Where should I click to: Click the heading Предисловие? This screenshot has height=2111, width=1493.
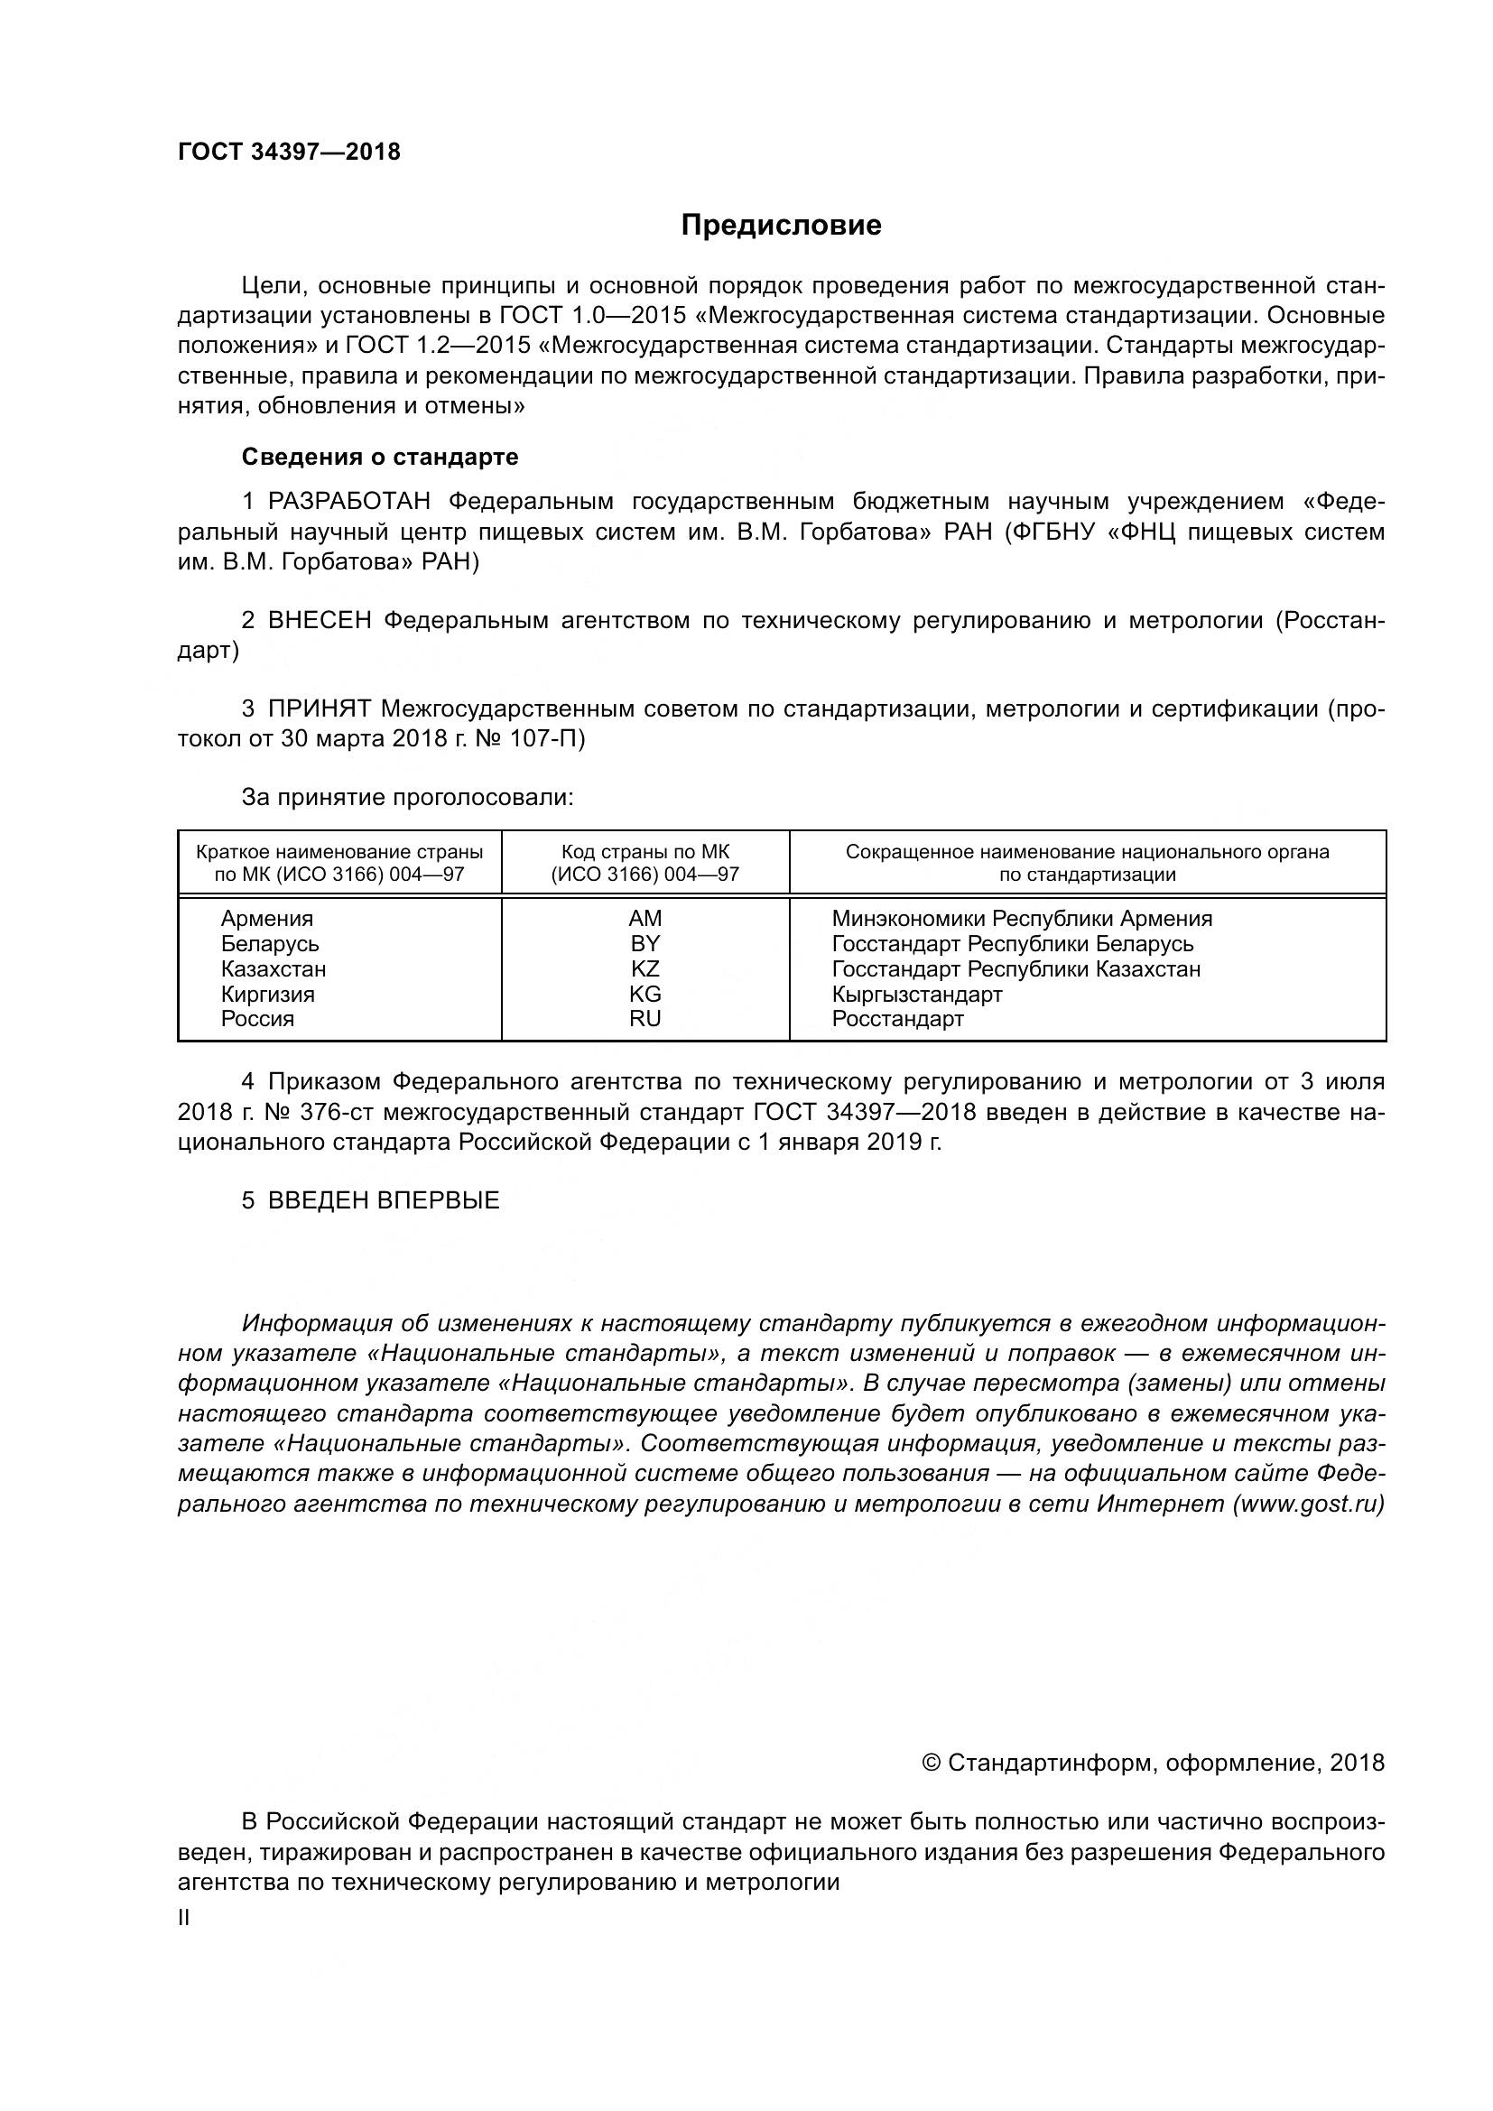781,226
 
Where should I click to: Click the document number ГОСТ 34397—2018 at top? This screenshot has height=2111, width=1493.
289,153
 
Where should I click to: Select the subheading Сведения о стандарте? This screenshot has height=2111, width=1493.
380,457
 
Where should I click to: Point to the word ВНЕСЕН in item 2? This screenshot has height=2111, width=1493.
320,621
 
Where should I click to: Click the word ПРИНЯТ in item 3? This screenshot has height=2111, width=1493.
319,708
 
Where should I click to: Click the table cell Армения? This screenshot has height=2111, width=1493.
266,919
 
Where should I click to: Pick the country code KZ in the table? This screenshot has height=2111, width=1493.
644,969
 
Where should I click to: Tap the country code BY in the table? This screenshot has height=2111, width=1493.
644,944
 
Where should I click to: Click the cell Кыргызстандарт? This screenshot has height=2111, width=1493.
916,994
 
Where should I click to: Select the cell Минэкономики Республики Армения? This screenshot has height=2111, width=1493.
1022,919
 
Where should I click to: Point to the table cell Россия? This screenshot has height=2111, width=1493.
257,1019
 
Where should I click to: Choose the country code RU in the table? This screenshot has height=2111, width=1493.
644,1019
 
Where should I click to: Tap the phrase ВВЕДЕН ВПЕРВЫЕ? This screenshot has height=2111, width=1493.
384,1200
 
